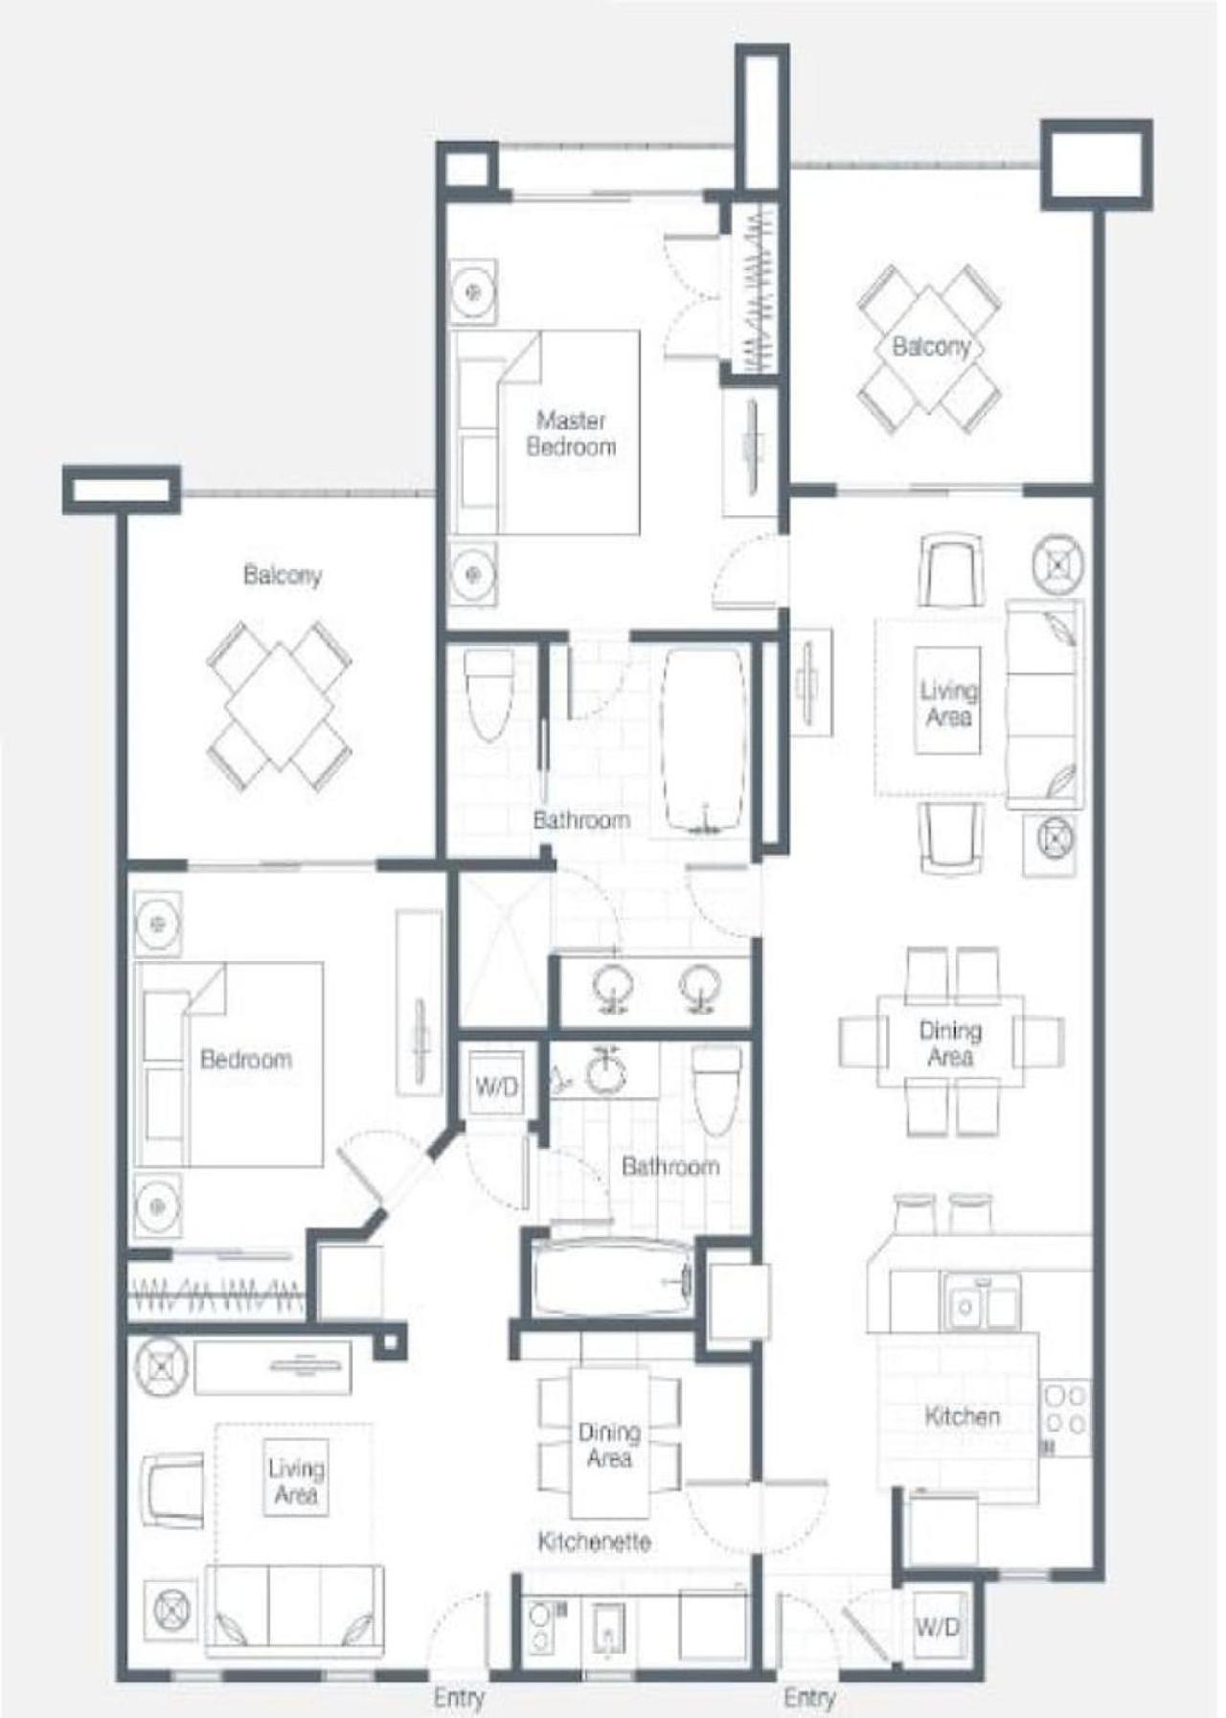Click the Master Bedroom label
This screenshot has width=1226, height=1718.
pos(572,433)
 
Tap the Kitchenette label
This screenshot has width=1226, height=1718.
pos(594,1542)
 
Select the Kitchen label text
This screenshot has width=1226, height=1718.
pos(962,1415)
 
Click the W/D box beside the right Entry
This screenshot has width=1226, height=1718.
pos(937,1626)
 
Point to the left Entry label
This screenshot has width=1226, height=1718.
pos(459,1697)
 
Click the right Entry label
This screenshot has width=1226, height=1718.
pos(809,1697)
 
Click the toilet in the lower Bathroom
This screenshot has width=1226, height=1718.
pos(716,1089)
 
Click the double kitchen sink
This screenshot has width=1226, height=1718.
pos(979,1301)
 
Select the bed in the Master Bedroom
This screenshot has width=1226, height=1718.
pos(546,432)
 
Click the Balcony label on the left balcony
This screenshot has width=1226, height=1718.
pos(282,575)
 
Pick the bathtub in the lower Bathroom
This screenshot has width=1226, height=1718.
pos(611,1281)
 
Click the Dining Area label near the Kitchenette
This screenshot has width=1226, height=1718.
pos(608,1444)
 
